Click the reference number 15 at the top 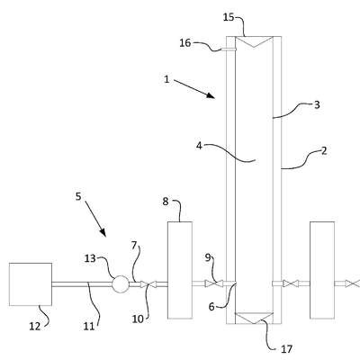pos(229,17)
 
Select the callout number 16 pos(185,43)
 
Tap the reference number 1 pos(166,79)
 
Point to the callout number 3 pos(317,104)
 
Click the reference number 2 pos(324,150)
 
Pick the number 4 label pos(199,146)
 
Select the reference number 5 pos(78,196)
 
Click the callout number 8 pos(166,202)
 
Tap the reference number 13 pos(90,258)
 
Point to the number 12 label pos(34,326)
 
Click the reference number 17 pos(286,349)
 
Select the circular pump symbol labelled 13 pos(121,283)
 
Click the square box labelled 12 pos(31,284)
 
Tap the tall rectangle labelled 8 pos(180,270)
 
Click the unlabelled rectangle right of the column pos(322,270)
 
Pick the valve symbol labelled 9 pos(214,283)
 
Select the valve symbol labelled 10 pos(148,284)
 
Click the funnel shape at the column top pos(254,41)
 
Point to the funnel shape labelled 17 pos(254,318)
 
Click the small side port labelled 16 pos(229,49)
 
